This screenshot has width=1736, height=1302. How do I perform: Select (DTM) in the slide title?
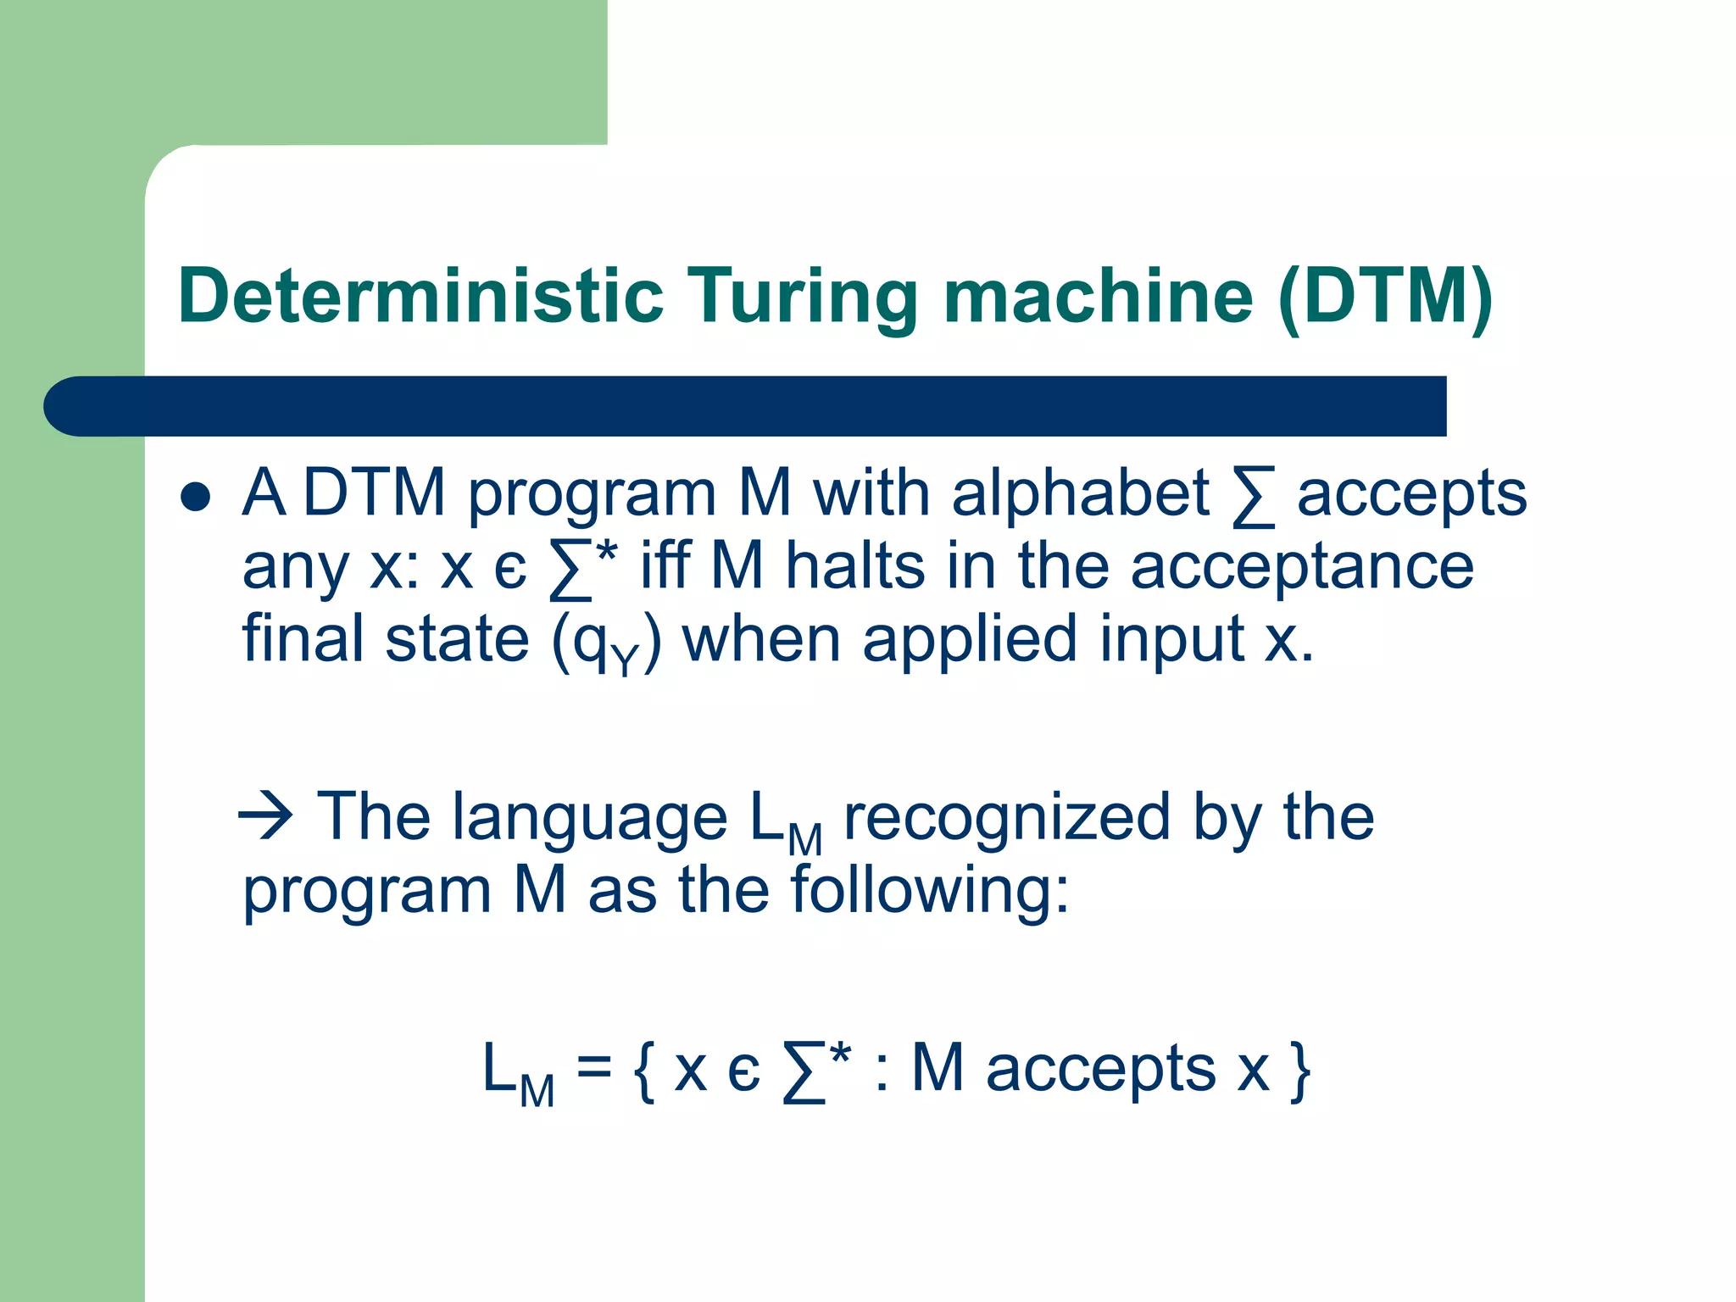point(1385,297)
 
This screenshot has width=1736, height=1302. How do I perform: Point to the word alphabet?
point(1080,493)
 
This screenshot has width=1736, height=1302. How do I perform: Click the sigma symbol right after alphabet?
point(1253,497)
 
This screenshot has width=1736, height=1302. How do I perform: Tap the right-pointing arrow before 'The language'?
point(266,816)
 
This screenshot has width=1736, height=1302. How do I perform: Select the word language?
point(590,819)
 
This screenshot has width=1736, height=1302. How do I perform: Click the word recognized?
point(1006,819)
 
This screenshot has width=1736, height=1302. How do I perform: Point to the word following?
point(930,892)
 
